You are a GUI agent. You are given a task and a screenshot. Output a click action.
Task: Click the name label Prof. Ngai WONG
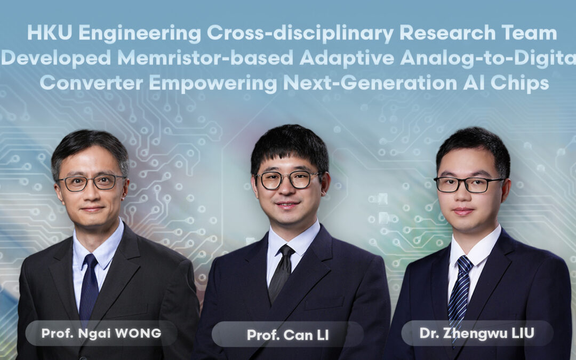[x=101, y=333]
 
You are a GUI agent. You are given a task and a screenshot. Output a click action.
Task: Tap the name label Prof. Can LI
[x=287, y=335]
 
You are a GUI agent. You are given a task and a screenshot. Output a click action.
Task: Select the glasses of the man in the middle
[x=288, y=180]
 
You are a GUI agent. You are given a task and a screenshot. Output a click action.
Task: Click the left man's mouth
[x=92, y=209]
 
